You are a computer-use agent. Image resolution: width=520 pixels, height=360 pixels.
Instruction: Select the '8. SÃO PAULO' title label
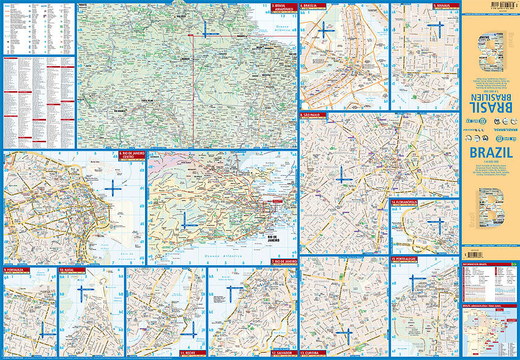(313, 115)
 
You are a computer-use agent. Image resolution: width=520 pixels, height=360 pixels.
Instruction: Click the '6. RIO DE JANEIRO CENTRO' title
(132, 156)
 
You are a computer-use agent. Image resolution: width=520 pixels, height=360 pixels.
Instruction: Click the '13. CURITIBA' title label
(311, 353)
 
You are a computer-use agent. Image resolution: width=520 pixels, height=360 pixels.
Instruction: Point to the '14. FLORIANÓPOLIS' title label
(406, 201)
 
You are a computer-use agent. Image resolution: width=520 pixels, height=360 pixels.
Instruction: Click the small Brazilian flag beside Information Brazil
(514, 264)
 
